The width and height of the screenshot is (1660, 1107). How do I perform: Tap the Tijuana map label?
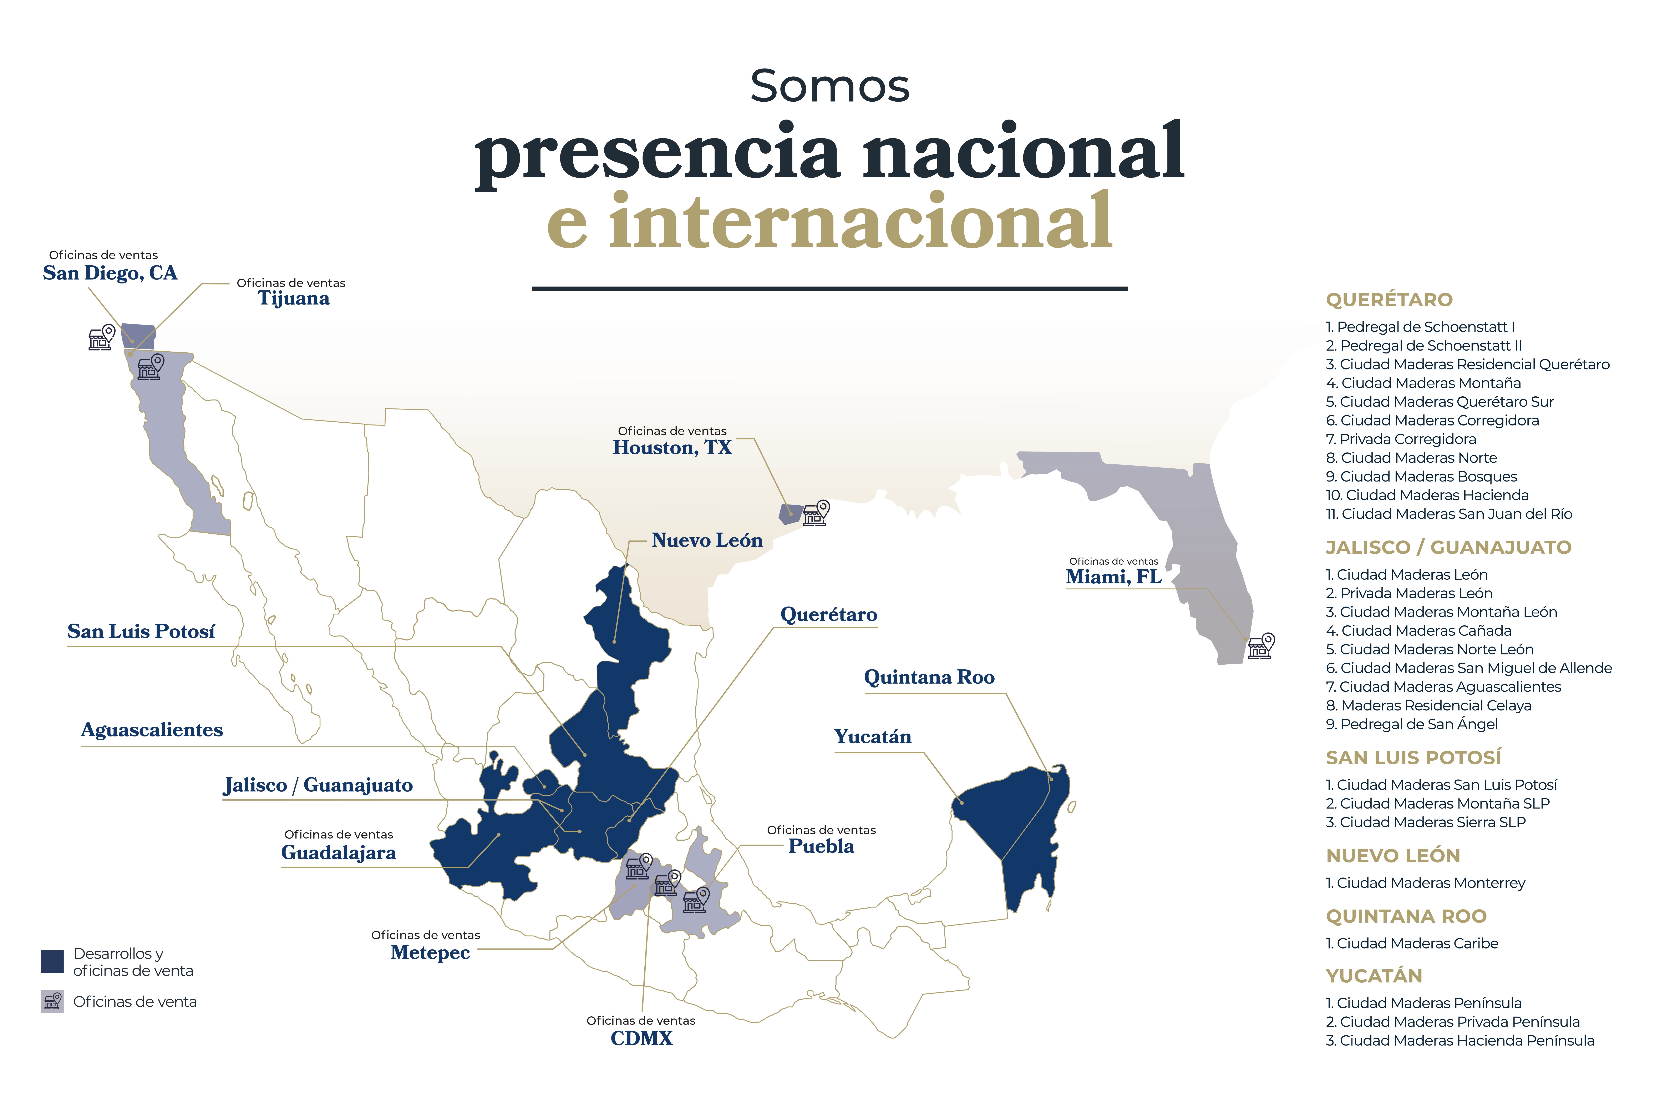pos(294,299)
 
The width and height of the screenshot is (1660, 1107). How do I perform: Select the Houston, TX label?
pos(672,448)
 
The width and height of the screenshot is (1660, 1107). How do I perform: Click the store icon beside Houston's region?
pos(816,513)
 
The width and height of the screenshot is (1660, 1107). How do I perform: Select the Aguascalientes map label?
pos(152,730)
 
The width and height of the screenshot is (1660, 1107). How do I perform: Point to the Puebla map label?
pos(821,846)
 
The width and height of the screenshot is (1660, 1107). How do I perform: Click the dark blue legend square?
pos(52,961)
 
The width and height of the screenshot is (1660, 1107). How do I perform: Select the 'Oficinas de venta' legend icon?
pos(52,1001)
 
